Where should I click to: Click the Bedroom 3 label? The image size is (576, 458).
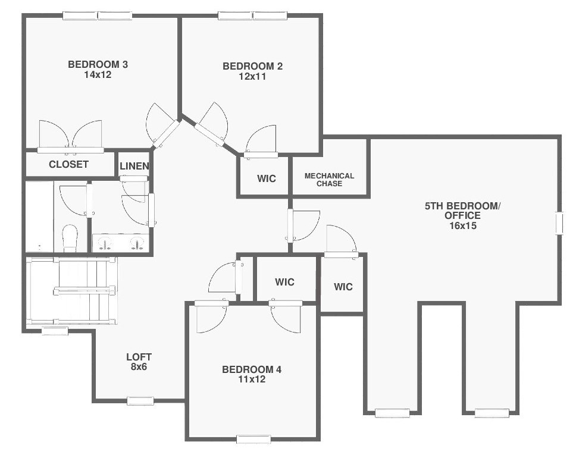[98, 64]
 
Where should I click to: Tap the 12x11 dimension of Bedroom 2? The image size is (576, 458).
[252, 76]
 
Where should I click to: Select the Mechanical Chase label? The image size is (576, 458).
[329, 180]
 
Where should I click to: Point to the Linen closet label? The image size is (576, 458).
[134, 166]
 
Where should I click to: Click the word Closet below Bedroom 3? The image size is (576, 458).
[68, 164]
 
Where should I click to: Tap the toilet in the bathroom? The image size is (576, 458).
[70, 238]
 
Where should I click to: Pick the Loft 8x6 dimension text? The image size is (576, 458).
[139, 366]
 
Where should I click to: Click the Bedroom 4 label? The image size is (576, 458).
[252, 369]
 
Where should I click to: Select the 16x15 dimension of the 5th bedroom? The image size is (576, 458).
[463, 225]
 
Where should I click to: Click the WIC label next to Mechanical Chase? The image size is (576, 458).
[267, 178]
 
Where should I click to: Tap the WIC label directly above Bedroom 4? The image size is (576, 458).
[284, 282]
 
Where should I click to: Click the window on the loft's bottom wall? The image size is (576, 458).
[140, 401]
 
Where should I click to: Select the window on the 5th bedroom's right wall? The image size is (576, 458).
[559, 223]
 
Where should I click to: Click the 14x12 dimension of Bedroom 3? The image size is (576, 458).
[98, 74]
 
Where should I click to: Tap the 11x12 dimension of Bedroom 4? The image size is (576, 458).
[252, 379]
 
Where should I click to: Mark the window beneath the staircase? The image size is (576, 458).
[55, 331]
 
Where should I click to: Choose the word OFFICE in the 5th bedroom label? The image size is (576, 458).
[462, 215]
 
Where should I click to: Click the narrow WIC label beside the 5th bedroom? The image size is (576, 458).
[343, 287]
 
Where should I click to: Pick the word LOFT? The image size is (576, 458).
[139, 357]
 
